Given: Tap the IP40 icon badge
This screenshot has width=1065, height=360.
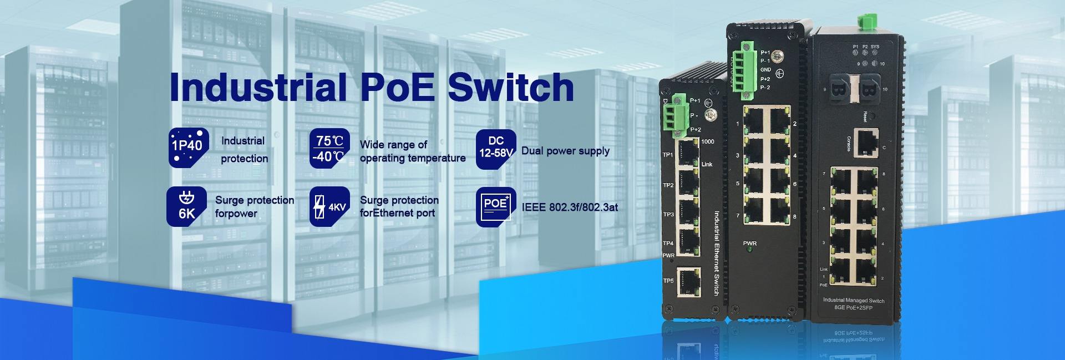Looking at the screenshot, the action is [x=189, y=147].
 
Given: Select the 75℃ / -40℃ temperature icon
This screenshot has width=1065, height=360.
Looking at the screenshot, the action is [x=330, y=148].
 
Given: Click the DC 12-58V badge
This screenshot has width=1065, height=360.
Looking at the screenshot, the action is [x=496, y=148].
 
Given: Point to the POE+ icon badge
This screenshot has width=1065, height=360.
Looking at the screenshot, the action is [x=496, y=206].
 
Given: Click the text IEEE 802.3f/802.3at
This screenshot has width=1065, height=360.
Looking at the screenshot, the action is [x=570, y=207].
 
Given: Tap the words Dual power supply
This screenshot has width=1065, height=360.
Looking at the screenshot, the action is [x=565, y=151].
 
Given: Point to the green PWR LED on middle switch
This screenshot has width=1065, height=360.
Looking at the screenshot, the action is [x=749, y=251].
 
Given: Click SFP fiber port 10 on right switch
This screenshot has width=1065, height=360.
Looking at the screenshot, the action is [x=868, y=89].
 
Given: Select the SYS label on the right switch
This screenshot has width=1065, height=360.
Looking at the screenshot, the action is [x=875, y=47].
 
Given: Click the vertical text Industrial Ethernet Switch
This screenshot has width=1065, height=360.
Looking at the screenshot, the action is [x=716, y=252].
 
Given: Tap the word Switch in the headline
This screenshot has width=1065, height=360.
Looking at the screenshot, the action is [x=511, y=87].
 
